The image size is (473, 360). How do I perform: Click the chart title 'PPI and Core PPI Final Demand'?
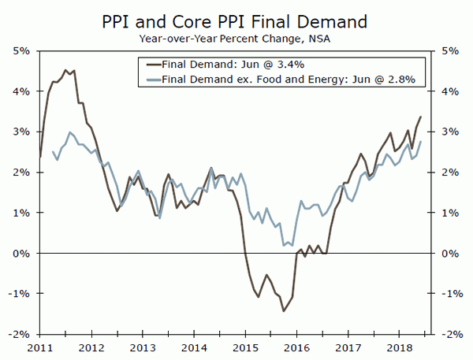(x=236, y=18)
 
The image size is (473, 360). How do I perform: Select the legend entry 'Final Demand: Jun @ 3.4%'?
(x=229, y=65)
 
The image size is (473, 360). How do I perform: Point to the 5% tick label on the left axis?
(x=20, y=50)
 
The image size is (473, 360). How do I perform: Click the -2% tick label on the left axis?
(x=19, y=334)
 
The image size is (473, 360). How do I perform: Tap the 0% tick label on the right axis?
(x=451, y=253)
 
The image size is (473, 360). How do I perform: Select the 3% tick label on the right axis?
(x=451, y=132)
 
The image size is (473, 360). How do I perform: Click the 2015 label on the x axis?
(x=245, y=347)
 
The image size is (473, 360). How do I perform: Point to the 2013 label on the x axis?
(x=143, y=347)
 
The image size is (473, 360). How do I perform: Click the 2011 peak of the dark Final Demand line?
(x=65, y=70)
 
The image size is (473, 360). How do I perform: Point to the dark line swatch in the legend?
(x=148, y=65)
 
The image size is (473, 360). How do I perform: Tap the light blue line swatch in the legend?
(x=148, y=79)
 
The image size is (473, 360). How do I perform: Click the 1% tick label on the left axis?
(x=20, y=213)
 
